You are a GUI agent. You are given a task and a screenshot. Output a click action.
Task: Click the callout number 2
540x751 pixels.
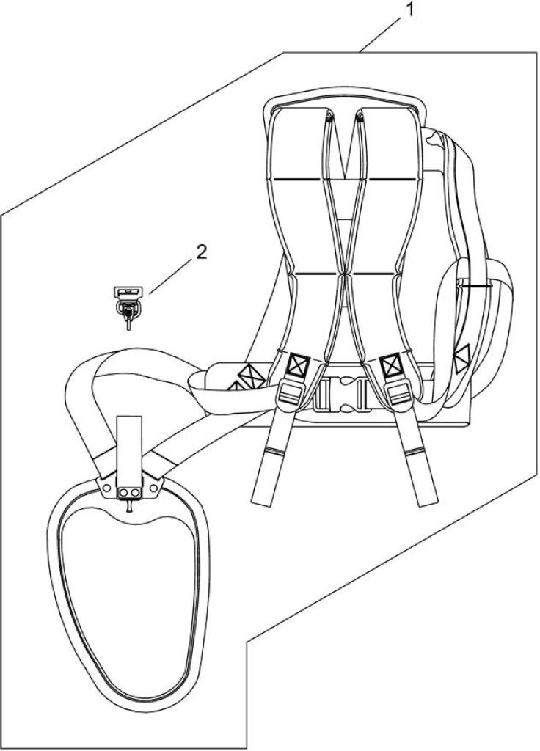[x=202, y=252]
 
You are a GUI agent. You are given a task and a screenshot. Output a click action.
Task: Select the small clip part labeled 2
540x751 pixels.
[x=128, y=307]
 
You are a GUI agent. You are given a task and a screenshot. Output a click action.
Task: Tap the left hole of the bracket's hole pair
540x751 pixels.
[x=124, y=492]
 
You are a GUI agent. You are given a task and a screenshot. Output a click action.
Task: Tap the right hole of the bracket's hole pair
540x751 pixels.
[x=136, y=492]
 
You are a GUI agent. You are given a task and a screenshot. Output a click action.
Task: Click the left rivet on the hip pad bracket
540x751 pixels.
[x=107, y=488]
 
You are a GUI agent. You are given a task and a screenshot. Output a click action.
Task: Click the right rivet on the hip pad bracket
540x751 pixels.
[x=153, y=488]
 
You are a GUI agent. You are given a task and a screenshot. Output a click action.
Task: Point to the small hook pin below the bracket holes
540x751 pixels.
[x=129, y=507]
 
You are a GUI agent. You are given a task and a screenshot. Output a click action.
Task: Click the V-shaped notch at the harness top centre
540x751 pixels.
[x=345, y=143]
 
